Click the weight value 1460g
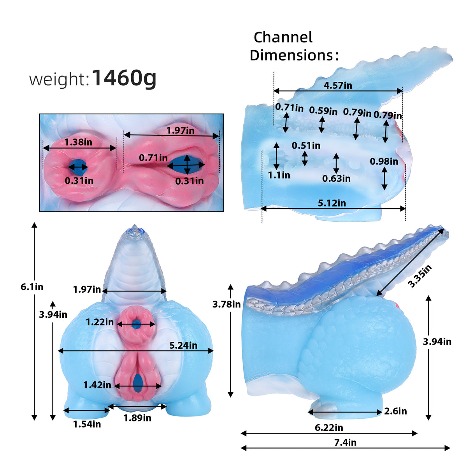(124, 78)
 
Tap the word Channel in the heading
(283, 38)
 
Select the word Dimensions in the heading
(291, 55)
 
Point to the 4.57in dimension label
(337, 85)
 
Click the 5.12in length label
(332, 203)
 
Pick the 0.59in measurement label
(323, 111)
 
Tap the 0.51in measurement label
(306, 146)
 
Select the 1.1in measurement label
(279, 175)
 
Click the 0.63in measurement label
(336, 179)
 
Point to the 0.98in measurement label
(384, 162)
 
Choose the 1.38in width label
(78, 142)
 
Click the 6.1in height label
(32, 287)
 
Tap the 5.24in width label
(183, 345)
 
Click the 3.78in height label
(226, 304)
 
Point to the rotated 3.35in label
(420, 276)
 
